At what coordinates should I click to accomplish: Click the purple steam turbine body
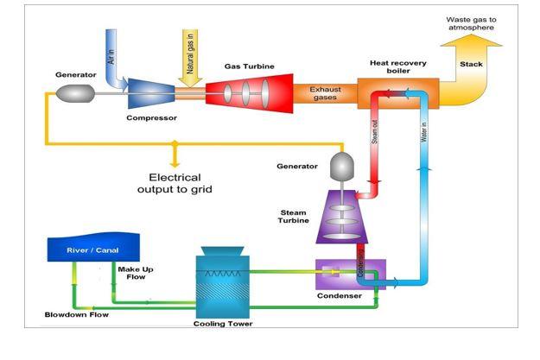coord(343,220)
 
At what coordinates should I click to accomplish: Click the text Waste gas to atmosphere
coord(472,23)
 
